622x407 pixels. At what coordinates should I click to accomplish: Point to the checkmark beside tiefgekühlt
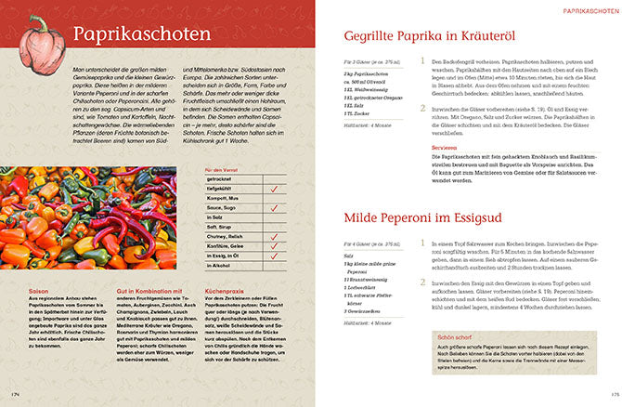point(274,189)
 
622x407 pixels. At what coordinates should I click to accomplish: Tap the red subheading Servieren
point(446,147)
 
